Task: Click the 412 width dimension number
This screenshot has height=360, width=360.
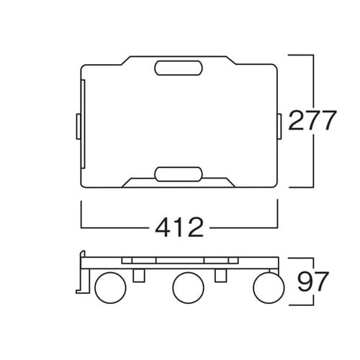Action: point(179,227)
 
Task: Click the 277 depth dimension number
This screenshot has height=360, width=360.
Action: point(311,120)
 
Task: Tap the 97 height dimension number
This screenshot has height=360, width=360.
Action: point(312,281)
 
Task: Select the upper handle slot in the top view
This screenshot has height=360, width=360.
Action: point(179,68)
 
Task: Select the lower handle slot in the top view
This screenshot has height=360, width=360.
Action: point(179,174)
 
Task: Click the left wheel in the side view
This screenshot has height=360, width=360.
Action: point(110,287)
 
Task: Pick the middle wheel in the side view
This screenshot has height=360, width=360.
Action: point(188,287)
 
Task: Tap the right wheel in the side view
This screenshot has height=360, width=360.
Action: point(269,287)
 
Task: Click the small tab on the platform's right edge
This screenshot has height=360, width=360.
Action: point(279,127)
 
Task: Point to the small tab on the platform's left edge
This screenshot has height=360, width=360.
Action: point(78,127)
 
